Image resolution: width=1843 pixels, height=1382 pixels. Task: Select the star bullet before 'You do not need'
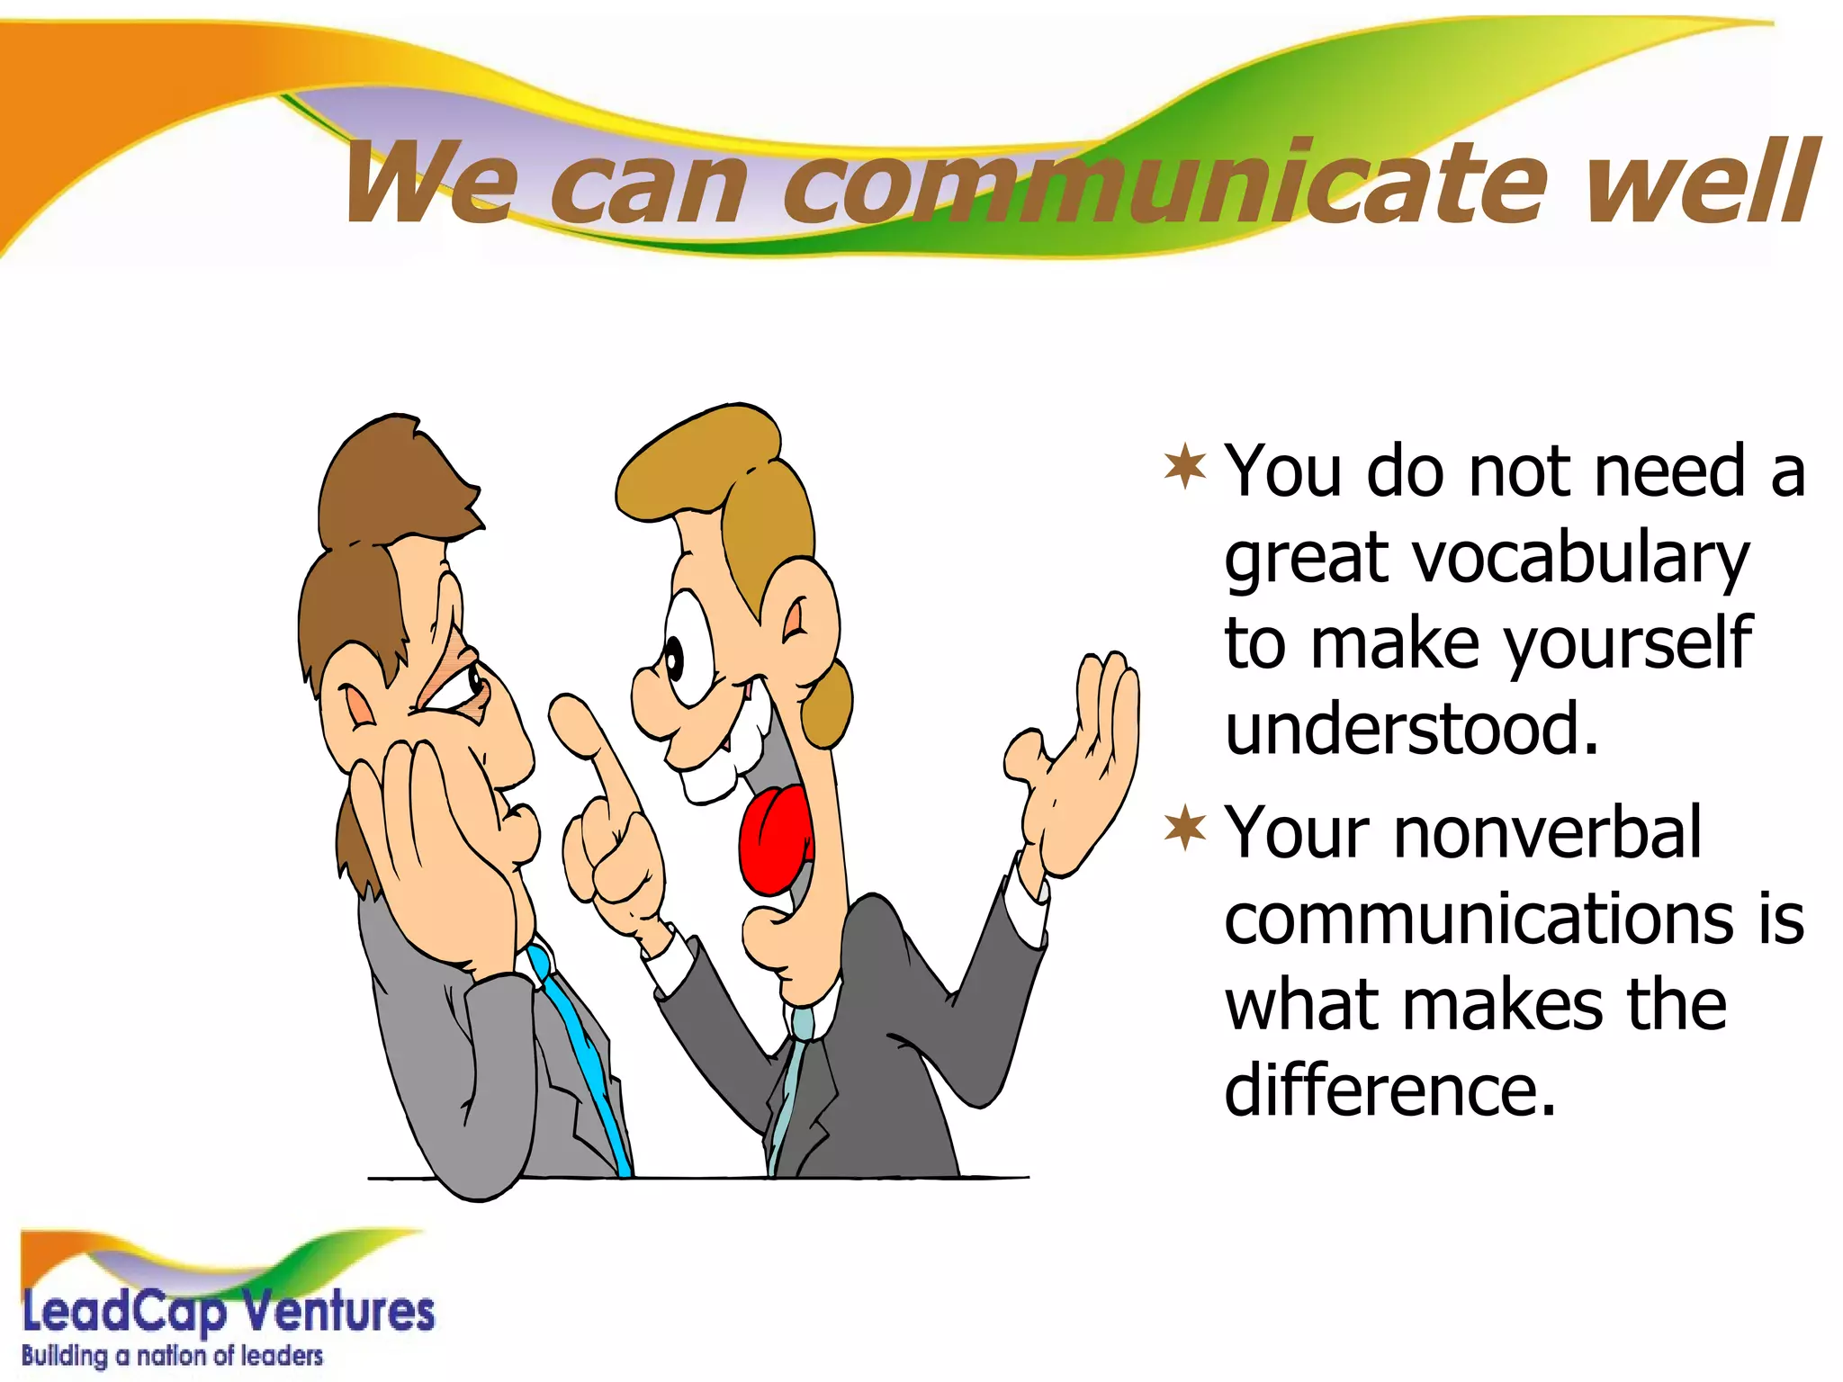[1185, 467]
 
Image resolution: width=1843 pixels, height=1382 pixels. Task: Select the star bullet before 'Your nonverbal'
[1185, 829]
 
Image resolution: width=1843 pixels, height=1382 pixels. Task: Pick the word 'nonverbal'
[1548, 832]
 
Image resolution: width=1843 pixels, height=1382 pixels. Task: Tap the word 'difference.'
[1390, 1090]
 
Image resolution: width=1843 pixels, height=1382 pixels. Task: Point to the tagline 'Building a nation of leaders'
[172, 1356]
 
